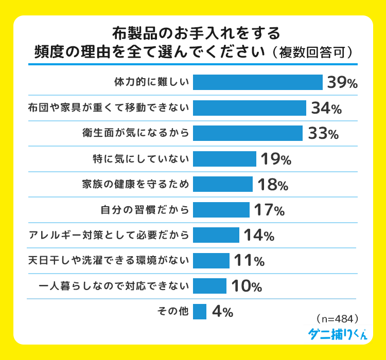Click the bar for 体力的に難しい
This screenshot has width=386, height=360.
[257, 82]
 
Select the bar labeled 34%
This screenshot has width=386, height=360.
[250, 108]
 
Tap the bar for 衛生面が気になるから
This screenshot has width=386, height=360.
[248, 133]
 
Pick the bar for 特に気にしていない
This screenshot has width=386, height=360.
[224, 159]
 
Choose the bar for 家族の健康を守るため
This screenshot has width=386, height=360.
[223, 184]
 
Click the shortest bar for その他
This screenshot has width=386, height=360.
[200, 311]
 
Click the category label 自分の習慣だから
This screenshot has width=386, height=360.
[145, 210]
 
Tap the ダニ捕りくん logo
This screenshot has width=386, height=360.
[338, 333]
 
